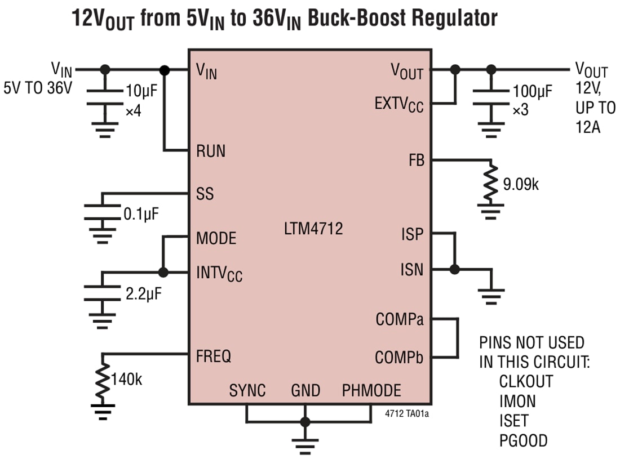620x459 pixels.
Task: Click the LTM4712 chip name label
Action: (313, 229)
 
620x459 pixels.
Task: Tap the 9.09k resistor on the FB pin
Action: (492, 183)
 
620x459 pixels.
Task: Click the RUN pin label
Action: (210, 151)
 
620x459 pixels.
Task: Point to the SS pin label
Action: (205, 194)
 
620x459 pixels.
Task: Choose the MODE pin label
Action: (216, 238)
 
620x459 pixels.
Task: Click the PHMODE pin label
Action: (371, 390)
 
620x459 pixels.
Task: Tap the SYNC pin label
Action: (247, 390)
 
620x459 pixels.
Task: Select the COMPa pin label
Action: (400, 319)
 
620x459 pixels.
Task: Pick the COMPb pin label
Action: (400, 357)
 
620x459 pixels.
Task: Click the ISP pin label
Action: (412, 234)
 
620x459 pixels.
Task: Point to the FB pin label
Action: (417, 160)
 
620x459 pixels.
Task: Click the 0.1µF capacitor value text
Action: (141, 213)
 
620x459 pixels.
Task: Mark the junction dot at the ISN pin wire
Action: (454, 270)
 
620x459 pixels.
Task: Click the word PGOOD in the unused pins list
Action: (523, 440)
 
